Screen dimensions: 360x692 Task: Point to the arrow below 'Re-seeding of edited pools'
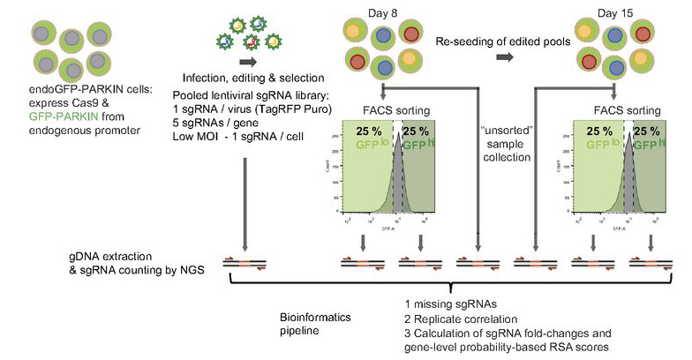point(505,58)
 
